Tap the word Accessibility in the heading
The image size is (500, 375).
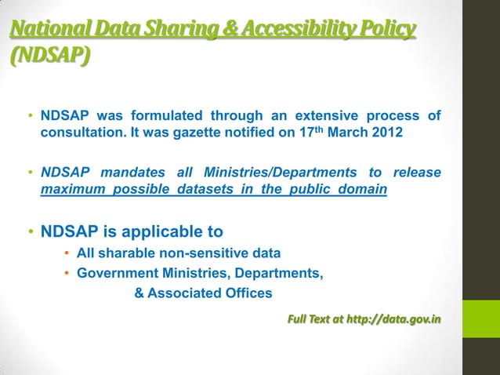pos(294,31)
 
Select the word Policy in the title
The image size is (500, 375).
pos(386,31)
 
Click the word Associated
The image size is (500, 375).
pos(187,293)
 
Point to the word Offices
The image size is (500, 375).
pos(248,293)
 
